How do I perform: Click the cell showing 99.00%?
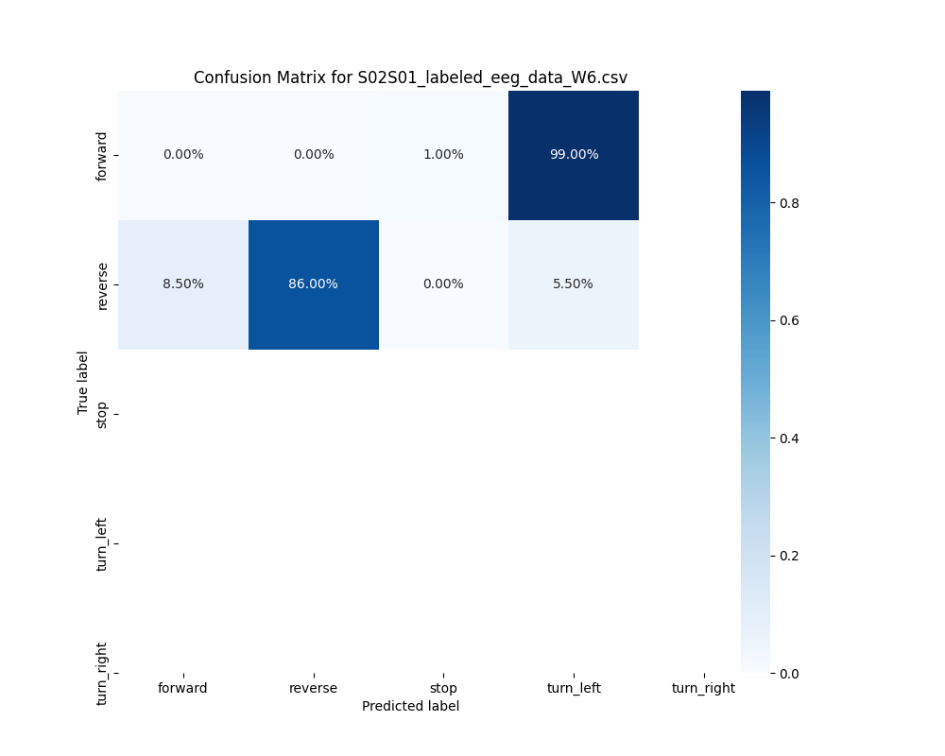point(574,155)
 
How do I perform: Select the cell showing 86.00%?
point(313,284)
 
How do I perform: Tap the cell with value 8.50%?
point(183,284)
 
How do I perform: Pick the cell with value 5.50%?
point(574,284)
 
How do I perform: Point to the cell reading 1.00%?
point(443,155)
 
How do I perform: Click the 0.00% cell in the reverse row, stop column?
point(443,284)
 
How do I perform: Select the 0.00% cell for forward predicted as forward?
point(183,155)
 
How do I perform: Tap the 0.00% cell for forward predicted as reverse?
point(313,155)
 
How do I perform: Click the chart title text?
point(410,77)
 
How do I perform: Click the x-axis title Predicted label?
point(410,706)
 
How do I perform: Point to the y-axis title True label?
point(83,382)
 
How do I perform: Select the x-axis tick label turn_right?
point(703,688)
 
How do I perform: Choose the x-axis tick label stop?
point(443,688)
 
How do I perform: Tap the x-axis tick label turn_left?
point(574,688)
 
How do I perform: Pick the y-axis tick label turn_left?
point(102,544)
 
